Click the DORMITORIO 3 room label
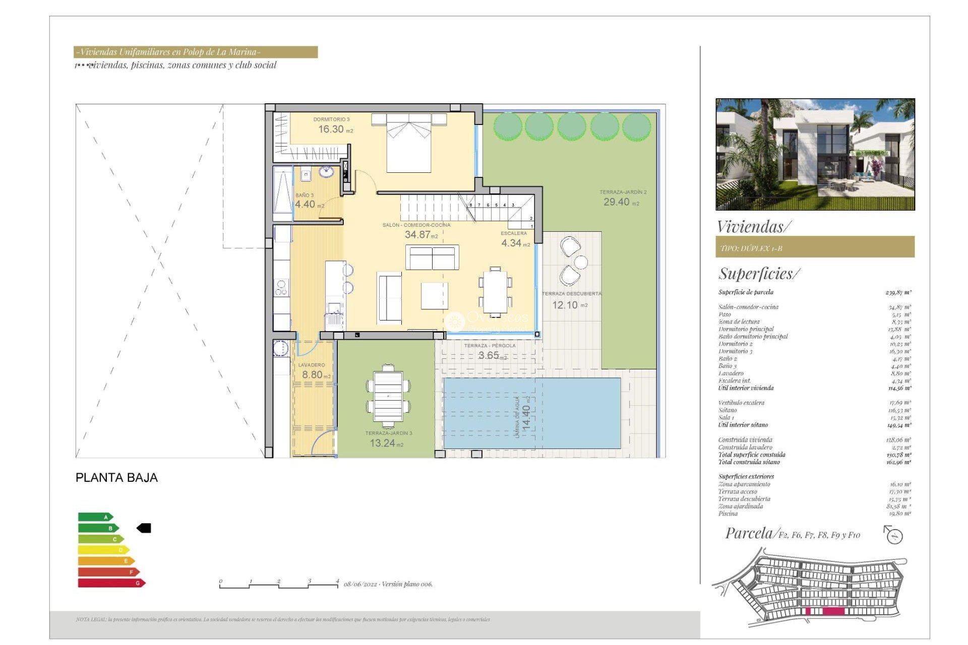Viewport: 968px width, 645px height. coord(331,119)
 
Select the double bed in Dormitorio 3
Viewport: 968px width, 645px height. coord(408,144)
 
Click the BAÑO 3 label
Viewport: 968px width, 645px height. coord(305,195)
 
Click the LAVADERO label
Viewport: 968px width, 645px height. coord(312,365)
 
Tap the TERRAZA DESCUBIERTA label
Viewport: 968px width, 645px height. coord(571,293)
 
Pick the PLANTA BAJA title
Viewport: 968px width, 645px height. coord(116,478)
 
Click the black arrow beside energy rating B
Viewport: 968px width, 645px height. coord(144,528)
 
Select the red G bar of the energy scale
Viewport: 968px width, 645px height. coord(111,583)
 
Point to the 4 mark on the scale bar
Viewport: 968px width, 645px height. coord(337,581)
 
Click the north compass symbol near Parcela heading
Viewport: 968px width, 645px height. coord(894,536)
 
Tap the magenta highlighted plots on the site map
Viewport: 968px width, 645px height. coord(833,611)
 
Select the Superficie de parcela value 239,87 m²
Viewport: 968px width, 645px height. coord(898,292)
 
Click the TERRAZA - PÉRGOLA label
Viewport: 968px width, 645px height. coord(490,346)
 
